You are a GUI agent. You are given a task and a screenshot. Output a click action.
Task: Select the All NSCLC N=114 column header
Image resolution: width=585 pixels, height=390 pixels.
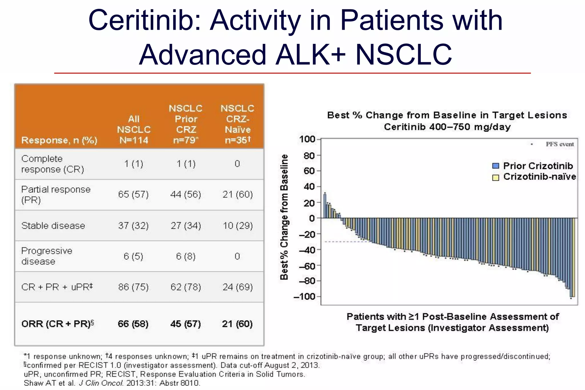(x=134, y=130)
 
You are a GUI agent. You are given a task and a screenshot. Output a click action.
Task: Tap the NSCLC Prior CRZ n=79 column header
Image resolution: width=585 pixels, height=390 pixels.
(x=186, y=124)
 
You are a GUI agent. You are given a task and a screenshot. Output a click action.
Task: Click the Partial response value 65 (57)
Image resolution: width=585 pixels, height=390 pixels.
(x=133, y=194)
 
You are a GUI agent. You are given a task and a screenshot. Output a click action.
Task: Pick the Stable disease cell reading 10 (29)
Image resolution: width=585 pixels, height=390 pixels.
(x=238, y=226)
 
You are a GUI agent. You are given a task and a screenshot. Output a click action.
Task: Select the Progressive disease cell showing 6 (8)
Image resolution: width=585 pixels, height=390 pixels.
(x=186, y=256)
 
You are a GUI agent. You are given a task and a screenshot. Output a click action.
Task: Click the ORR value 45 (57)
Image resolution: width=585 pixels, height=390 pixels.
(x=186, y=324)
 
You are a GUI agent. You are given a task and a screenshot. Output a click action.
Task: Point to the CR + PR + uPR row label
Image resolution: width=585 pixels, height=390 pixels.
(x=57, y=287)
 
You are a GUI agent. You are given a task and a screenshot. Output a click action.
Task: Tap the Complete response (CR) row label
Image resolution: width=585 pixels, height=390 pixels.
(x=53, y=164)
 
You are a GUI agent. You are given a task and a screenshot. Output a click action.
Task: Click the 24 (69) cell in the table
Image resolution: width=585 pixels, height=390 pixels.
(x=238, y=287)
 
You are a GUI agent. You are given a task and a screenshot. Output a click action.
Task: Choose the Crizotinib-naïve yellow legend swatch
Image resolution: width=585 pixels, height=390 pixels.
(x=496, y=178)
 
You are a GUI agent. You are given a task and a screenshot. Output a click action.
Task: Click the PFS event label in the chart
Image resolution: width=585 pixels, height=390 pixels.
(x=560, y=144)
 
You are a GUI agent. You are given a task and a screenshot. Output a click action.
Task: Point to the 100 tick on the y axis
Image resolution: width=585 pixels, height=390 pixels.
(x=307, y=139)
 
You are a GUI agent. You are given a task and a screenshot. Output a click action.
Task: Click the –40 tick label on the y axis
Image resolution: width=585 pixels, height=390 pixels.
(x=307, y=250)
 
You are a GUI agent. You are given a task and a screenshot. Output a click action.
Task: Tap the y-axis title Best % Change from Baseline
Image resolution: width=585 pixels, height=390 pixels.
(x=284, y=217)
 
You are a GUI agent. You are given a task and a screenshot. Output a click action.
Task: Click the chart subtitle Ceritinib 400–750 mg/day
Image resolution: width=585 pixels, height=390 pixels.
(x=447, y=127)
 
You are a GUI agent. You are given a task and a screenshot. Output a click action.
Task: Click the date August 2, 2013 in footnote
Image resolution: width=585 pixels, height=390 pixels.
(x=291, y=365)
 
